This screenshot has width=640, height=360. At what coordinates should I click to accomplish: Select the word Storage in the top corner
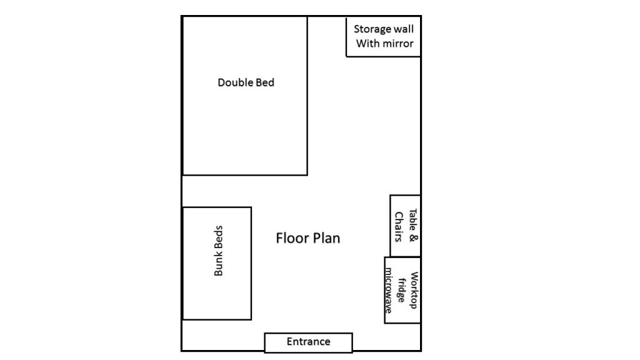click(372, 29)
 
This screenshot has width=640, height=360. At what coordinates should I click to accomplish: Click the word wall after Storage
click(404, 29)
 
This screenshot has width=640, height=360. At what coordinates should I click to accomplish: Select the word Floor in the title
click(290, 238)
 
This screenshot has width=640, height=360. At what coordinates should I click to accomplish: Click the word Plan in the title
click(324, 238)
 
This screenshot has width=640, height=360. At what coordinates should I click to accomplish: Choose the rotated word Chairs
click(399, 227)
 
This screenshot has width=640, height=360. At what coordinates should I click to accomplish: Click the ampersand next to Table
click(412, 238)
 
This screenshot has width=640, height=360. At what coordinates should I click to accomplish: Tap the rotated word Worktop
click(414, 290)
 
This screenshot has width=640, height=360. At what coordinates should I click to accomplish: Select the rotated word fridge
click(401, 290)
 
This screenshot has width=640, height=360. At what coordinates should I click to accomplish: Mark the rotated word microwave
click(389, 290)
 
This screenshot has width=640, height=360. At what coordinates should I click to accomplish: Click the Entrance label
click(309, 342)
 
